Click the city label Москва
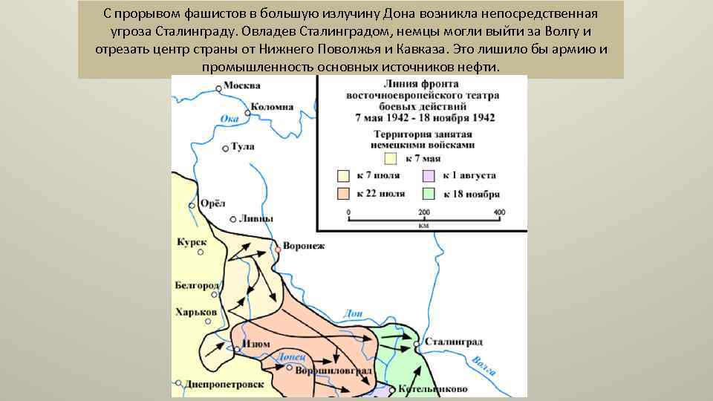pos(241,85)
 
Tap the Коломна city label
pos(272,106)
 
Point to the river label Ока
pos(229,119)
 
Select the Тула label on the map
pos(243,147)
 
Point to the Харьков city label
pos(196,312)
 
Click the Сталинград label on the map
pos(455,342)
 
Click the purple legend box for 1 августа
pos(429,176)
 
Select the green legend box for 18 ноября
pos(429,194)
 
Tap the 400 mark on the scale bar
pos(499,212)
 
